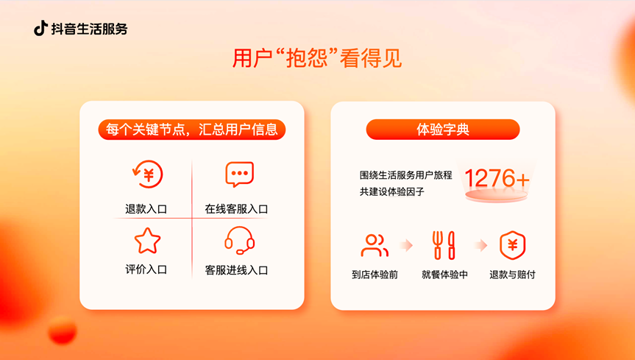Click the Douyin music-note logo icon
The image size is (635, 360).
(40, 29)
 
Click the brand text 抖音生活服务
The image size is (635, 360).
(89, 29)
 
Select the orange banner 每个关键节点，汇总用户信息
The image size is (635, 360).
(191, 130)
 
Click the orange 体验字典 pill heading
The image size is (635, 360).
(443, 130)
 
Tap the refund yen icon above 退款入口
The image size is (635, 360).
(147, 175)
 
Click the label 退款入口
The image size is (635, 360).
(146, 209)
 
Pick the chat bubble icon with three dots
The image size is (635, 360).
(239, 175)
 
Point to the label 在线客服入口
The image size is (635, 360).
(236, 209)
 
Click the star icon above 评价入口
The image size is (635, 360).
(147, 240)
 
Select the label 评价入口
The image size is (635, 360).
(146, 269)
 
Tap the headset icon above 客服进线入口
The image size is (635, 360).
(239, 240)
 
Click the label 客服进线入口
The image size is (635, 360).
(236, 270)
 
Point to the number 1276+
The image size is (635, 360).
(497, 178)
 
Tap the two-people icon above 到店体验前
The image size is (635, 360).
(375, 245)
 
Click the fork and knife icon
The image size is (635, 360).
(444, 245)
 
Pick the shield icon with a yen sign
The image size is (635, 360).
(513, 245)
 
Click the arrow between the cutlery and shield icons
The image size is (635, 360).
(480, 245)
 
